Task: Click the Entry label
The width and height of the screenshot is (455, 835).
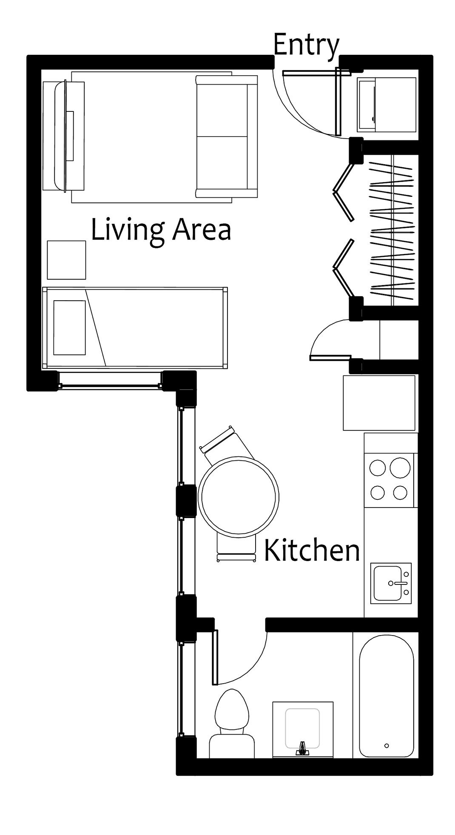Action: pyautogui.click(x=306, y=45)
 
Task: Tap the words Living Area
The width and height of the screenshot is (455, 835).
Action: pyautogui.click(x=161, y=231)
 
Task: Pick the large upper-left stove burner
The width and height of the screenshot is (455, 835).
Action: pyautogui.click(x=378, y=468)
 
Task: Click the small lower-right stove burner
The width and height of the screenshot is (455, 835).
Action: pyautogui.click(x=400, y=493)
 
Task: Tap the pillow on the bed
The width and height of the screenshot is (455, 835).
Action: pyautogui.click(x=69, y=328)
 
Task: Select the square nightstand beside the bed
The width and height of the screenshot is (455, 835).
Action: pyautogui.click(x=67, y=260)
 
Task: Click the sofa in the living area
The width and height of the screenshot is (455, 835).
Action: pyautogui.click(x=226, y=137)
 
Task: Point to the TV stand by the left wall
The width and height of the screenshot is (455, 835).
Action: pyautogui.click(x=64, y=136)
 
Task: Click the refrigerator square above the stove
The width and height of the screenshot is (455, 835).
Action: pyautogui.click(x=379, y=402)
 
